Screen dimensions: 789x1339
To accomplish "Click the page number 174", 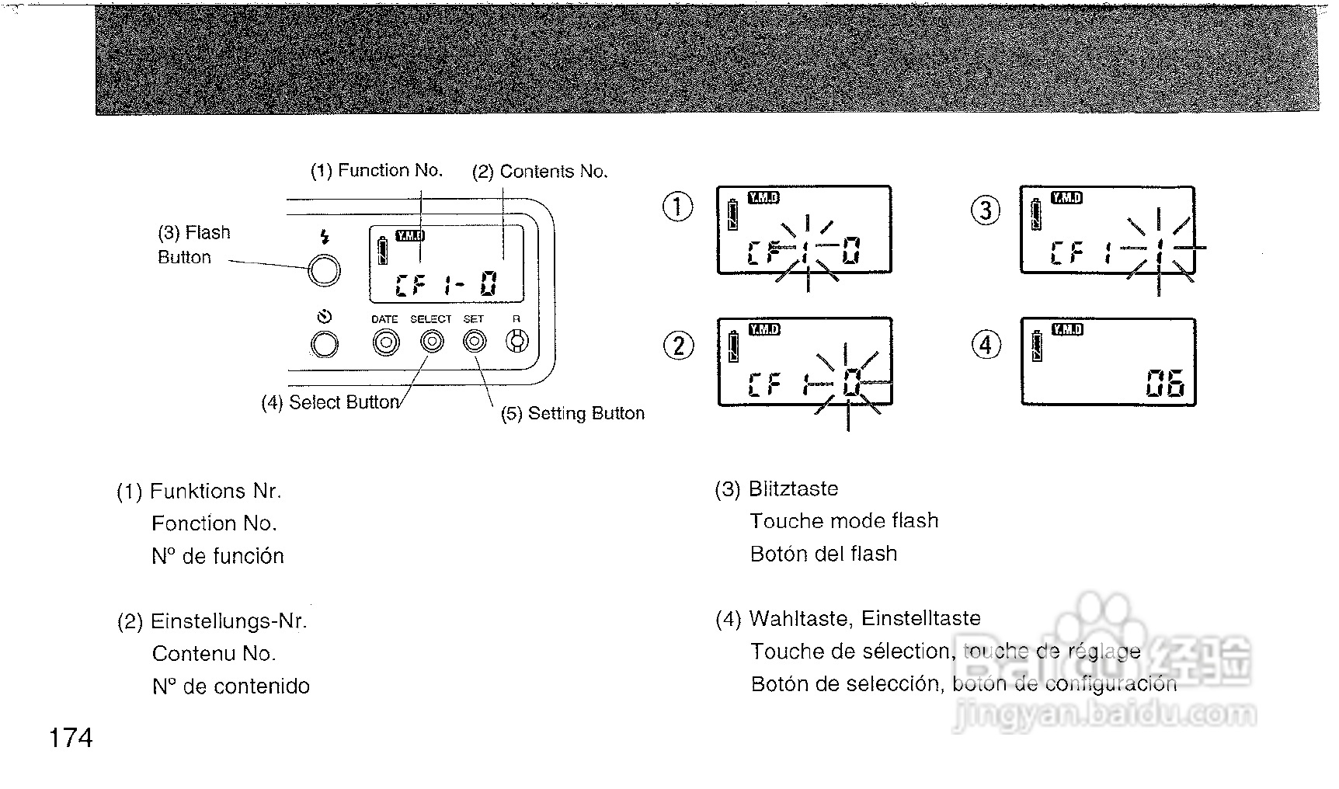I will pyautogui.click(x=71, y=738).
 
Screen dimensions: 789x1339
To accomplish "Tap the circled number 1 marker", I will pyautogui.click(x=678, y=207).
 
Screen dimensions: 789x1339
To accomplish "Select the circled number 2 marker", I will pyautogui.click(x=679, y=345).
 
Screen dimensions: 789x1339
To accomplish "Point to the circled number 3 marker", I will pyautogui.click(x=986, y=210).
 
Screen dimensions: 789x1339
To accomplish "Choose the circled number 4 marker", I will pyautogui.click(x=986, y=344).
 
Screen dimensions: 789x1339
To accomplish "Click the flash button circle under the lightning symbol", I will pyautogui.click(x=324, y=270).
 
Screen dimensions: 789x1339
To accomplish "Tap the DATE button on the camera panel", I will pyautogui.click(x=386, y=342).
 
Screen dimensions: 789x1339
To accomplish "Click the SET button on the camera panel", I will pyautogui.click(x=474, y=341).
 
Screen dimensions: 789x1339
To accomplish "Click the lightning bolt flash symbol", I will pyautogui.click(x=325, y=238).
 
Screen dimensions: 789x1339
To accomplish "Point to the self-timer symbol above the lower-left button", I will pyautogui.click(x=325, y=316).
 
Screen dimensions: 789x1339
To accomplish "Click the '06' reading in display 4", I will pyautogui.click(x=1165, y=384).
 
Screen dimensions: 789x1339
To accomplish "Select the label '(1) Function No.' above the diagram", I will pyautogui.click(x=377, y=171).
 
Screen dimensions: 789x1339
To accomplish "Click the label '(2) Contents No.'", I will pyautogui.click(x=540, y=172).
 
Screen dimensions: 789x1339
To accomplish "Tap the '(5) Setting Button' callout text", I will pyautogui.click(x=572, y=413).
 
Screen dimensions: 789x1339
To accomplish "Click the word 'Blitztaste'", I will pyautogui.click(x=793, y=489).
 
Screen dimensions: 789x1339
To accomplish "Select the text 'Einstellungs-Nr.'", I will pyautogui.click(x=229, y=621).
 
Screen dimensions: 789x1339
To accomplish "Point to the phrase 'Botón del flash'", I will pyautogui.click(x=823, y=554).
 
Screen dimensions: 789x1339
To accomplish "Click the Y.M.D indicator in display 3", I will pyautogui.click(x=1066, y=198).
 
